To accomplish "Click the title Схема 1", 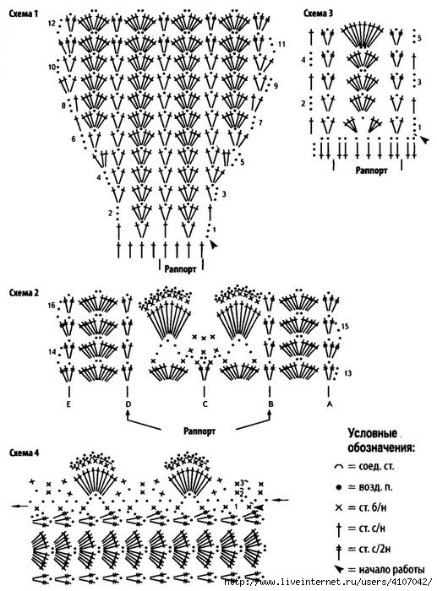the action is (x=24, y=14).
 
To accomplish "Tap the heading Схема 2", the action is (x=24, y=292).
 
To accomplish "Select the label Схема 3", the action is (x=319, y=14).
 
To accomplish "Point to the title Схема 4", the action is (x=24, y=453).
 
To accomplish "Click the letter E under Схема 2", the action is (x=68, y=404).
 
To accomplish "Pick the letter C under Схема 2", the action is (x=205, y=404).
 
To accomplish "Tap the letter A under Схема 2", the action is (x=330, y=404).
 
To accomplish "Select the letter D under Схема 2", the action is (x=128, y=404).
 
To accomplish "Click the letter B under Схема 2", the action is (x=270, y=404).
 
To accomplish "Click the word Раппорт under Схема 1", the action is (x=180, y=269).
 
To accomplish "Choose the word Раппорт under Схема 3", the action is (x=371, y=171).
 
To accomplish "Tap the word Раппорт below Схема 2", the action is (x=199, y=431).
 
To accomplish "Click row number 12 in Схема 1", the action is (x=52, y=24).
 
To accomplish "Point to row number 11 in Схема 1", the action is (x=281, y=44).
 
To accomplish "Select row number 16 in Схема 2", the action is (x=52, y=306).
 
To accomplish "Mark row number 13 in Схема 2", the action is (x=348, y=373).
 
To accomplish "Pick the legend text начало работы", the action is (x=391, y=570).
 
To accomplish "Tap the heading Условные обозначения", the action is (x=381, y=440).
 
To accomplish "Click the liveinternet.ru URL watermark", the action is (x=328, y=582).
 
